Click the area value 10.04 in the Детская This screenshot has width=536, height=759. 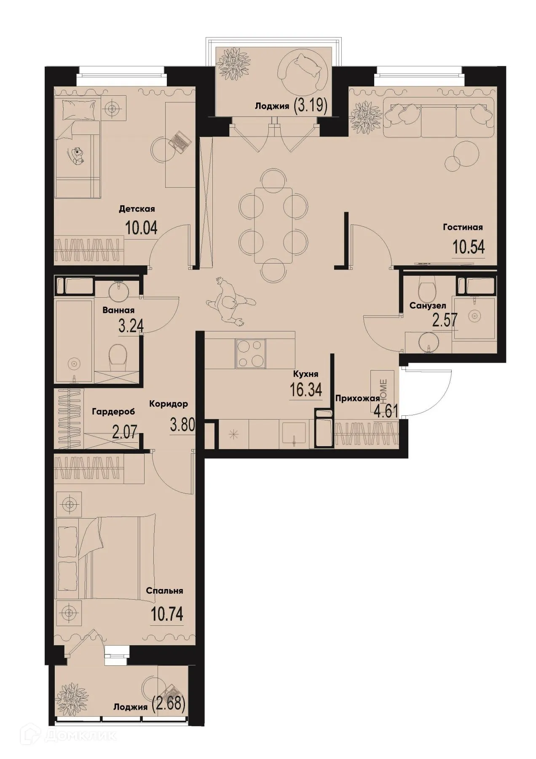[141, 228]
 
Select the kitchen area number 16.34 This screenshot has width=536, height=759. [306, 390]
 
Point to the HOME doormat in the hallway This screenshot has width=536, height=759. [383, 385]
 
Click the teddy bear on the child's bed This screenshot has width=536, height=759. [78, 155]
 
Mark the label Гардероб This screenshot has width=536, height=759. [113, 412]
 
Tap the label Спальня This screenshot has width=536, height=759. [164, 591]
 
